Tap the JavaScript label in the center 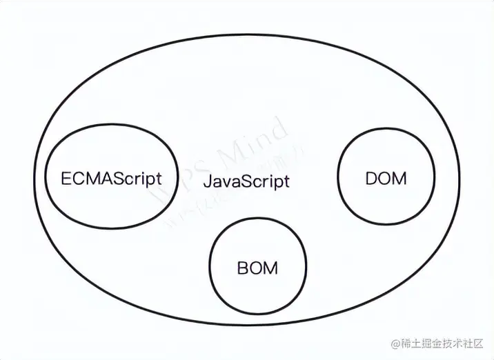[x=246, y=183]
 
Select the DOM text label [x=386, y=178]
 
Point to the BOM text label [x=257, y=267]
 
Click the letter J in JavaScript [x=208, y=183]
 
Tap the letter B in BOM [x=243, y=267]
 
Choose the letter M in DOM [x=399, y=178]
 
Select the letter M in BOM [x=271, y=267]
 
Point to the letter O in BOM [x=257, y=267]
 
